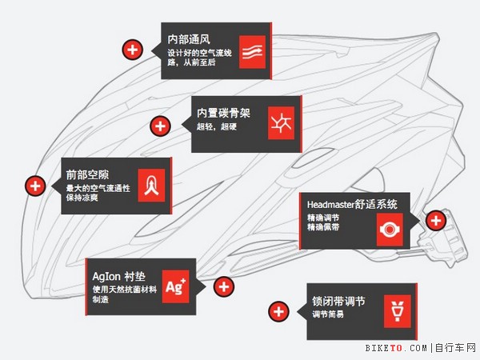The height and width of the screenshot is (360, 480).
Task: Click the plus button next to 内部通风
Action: (133, 50)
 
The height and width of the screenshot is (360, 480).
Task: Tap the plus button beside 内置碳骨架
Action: (160, 126)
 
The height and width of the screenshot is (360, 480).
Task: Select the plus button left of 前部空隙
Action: (34, 186)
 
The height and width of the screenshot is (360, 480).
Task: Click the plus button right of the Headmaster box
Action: (436, 220)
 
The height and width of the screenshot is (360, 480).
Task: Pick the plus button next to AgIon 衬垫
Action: (224, 286)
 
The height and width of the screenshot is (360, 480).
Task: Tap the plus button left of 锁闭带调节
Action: (278, 311)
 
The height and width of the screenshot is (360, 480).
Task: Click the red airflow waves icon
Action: (254, 50)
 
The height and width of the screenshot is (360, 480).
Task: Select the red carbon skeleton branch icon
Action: (281, 123)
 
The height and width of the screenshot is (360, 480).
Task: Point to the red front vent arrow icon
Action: (152, 186)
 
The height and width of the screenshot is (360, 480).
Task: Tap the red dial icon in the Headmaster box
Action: (390, 229)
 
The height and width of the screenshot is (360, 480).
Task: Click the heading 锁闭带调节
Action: (338, 302)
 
